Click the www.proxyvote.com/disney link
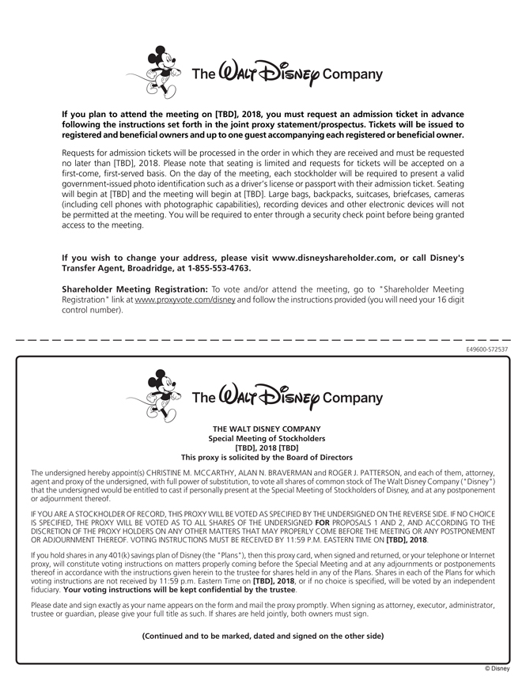point(185,300)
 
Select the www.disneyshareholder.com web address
point(332,258)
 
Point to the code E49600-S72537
point(487,349)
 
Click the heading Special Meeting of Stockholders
point(267,438)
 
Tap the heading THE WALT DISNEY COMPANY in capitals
point(267,429)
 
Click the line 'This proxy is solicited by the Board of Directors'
point(267,457)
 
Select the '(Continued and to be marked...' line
point(263,636)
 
